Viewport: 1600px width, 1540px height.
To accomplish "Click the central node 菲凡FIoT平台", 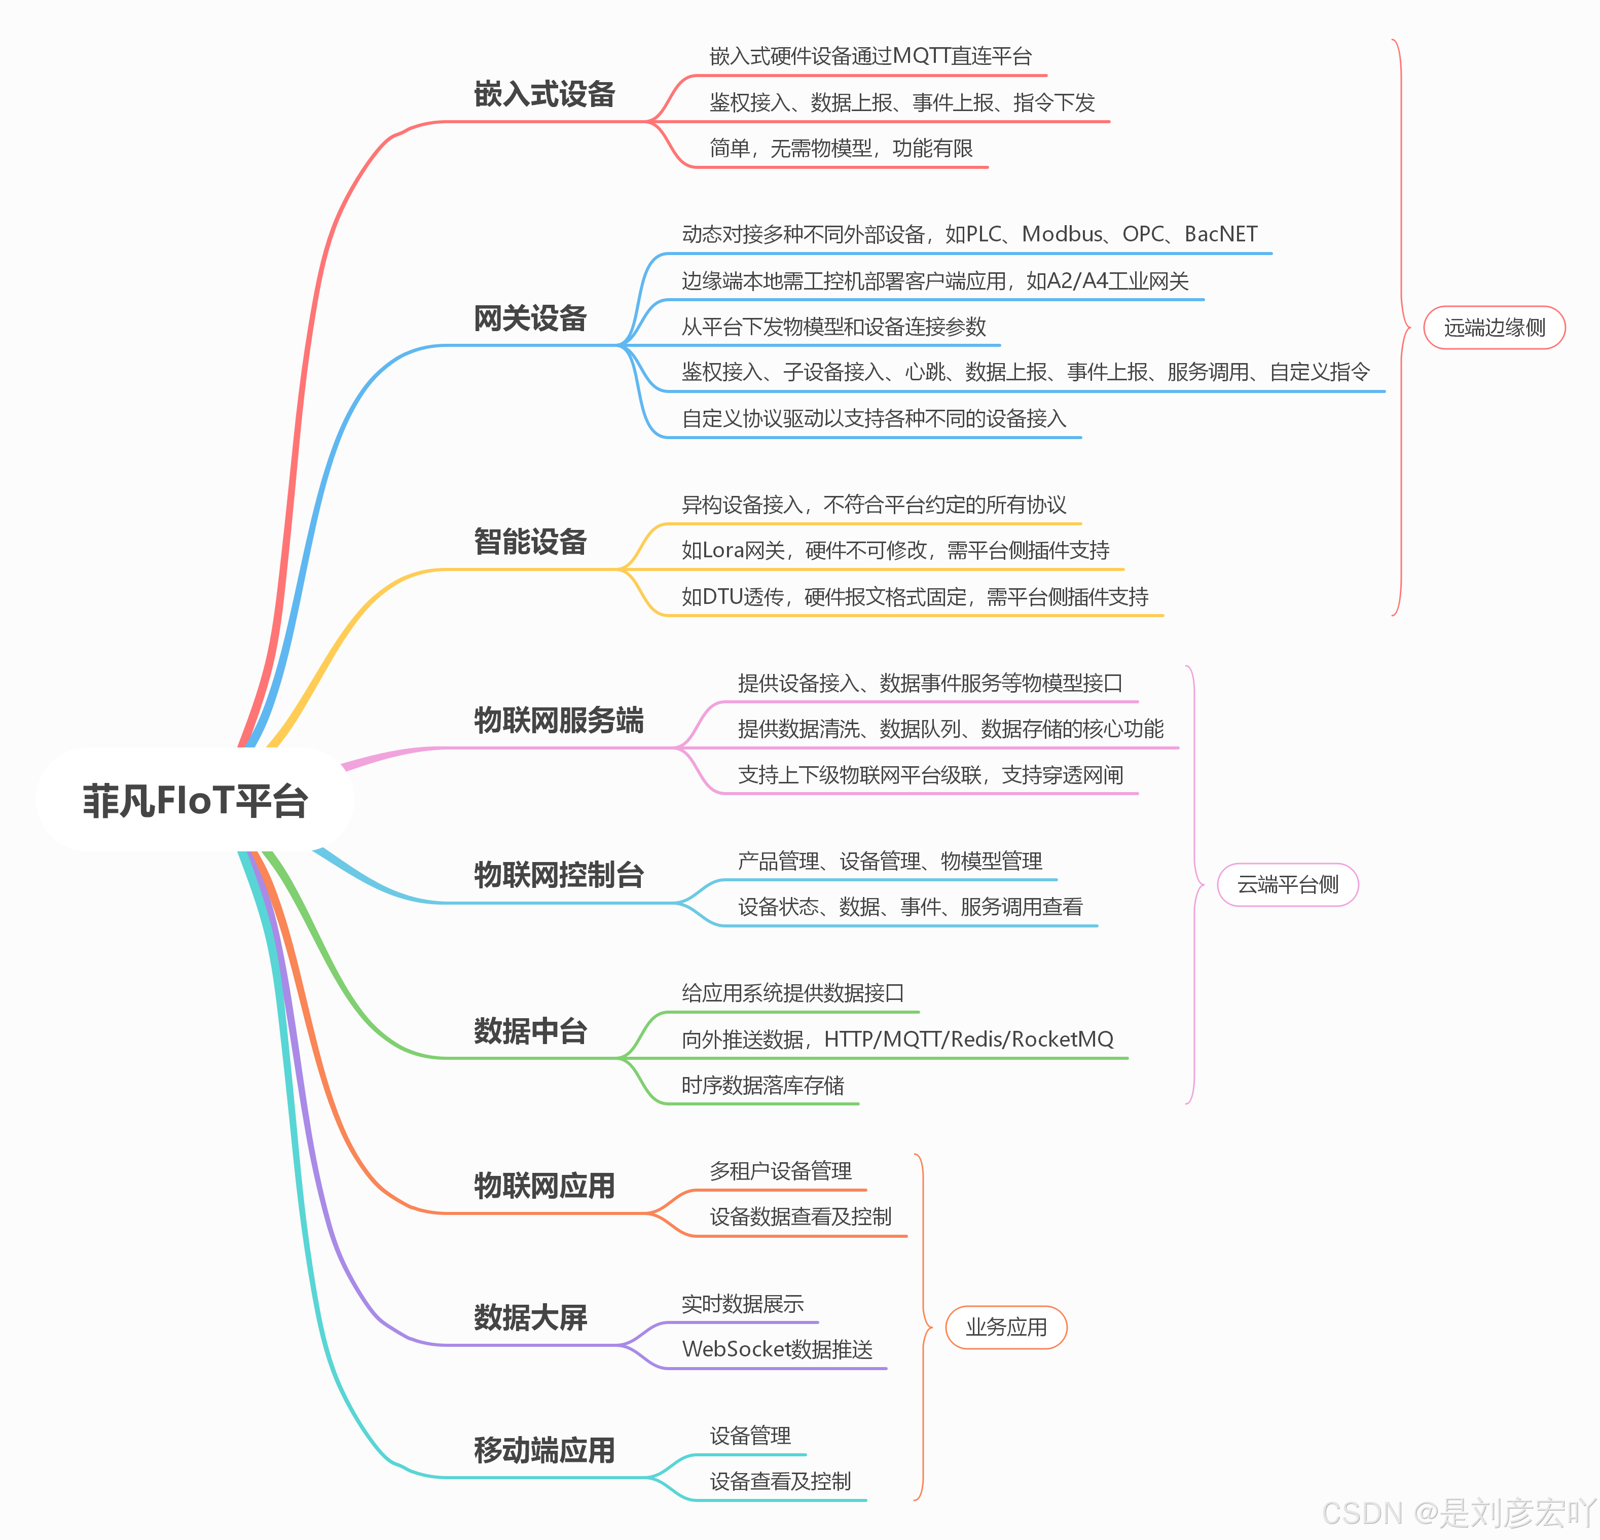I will coord(195,800).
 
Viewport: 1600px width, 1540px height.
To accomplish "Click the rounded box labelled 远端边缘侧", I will coord(1494,328).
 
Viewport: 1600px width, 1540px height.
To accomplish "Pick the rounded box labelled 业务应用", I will coord(1006,1327).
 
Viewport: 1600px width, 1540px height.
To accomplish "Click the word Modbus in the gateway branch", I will coord(1062,234).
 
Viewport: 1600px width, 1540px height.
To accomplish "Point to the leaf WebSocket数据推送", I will coord(777,1349).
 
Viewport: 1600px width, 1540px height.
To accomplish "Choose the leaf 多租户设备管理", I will coord(780,1171).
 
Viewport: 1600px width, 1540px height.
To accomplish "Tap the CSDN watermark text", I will coord(1457,1513).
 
